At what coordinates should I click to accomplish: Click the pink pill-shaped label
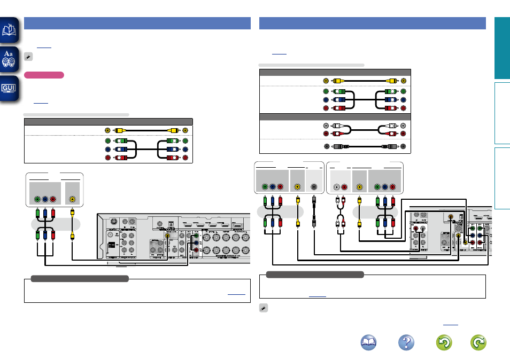pyautogui.click(x=44, y=75)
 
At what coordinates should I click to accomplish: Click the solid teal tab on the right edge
pyautogui.click(x=502, y=48)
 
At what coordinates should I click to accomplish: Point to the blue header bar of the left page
pyautogui.click(x=137, y=23)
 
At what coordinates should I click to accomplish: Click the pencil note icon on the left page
pyautogui.click(x=28, y=56)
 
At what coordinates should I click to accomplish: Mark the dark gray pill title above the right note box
pyautogui.click(x=314, y=275)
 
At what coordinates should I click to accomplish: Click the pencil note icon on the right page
pyautogui.click(x=263, y=308)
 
